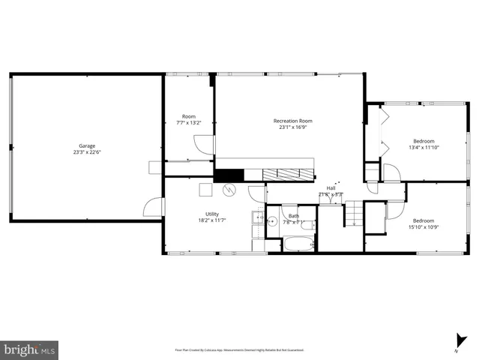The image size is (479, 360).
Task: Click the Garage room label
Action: [x=87, y=145]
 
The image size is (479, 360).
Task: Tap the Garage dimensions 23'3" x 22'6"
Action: [x=87, y=152]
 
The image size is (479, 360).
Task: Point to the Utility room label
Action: [x=212, y=214]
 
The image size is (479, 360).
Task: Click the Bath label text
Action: [x=294, y=216]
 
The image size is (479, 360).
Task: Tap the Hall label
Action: [x=331, y=188]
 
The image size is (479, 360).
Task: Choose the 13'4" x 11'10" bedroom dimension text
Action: [x=424, y=147]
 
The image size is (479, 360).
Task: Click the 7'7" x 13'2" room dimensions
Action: [x=189, y=122]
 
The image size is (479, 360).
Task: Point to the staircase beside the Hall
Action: [x=353, y=216]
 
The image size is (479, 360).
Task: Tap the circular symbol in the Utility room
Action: [x=232, y=189]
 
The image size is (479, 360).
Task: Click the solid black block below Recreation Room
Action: [x=226, y=175]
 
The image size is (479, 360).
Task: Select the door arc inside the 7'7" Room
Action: [x=199, y=145]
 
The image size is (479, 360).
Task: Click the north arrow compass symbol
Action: [x=457, y=340]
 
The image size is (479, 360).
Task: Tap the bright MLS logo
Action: [x=30, y=349]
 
